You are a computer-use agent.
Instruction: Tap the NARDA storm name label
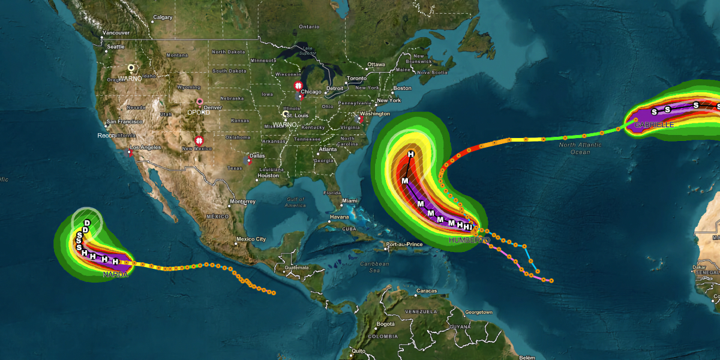click(x=116, y=275)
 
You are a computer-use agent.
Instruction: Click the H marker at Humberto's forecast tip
click(x=411, y=155)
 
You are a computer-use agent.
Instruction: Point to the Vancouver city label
click(x=116, y=33)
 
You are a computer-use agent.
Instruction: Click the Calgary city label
click(x=163, y=17)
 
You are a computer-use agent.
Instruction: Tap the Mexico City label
click(x=251, y=239)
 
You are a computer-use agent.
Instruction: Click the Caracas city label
click(x=427, y=291)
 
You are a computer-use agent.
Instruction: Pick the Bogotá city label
click(x=385, y=324)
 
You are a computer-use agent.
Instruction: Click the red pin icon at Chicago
click(x=298, y=86)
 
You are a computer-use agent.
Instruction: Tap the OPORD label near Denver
click(x=199, y=112)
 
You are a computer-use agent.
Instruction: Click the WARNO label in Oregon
click(x=130, y=79)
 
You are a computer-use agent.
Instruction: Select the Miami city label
click(x=349, y=200)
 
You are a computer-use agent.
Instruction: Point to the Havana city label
click(x=339, y=217)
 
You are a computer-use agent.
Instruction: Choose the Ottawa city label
click(x=376, y=64)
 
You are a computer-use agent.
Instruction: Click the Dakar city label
click(x=699, y=267)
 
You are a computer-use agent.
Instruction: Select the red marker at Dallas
click(x=250, y=161)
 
